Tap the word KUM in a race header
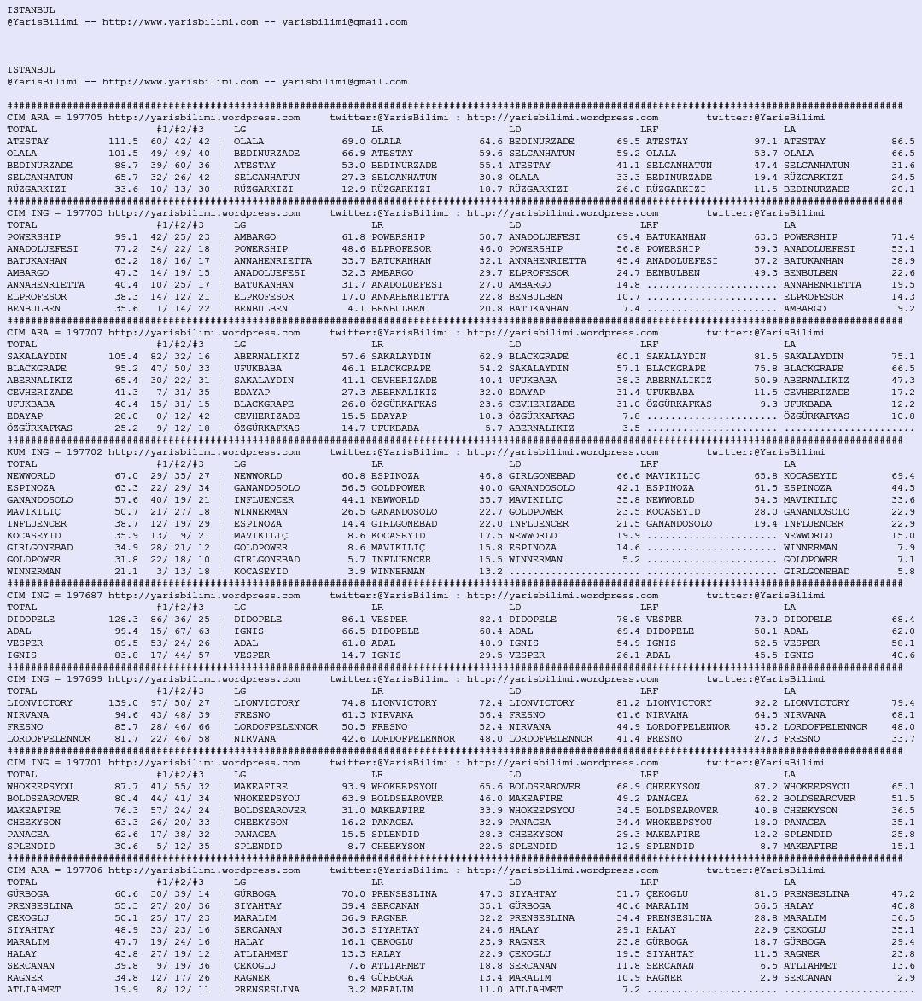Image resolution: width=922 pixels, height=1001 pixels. pos(15,452)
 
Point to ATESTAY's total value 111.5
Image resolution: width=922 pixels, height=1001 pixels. pos(123,142)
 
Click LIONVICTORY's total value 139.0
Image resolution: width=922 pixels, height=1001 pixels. pos(123,703)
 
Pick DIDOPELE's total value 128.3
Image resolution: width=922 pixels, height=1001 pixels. pos(123,620)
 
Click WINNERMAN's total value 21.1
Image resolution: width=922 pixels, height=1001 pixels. pos(126,572)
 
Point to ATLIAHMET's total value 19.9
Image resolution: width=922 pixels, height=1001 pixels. pos(126,990)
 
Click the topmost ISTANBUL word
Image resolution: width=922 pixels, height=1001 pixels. pos(31,10)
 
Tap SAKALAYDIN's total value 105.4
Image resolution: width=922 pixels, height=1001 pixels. pos(123,357)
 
